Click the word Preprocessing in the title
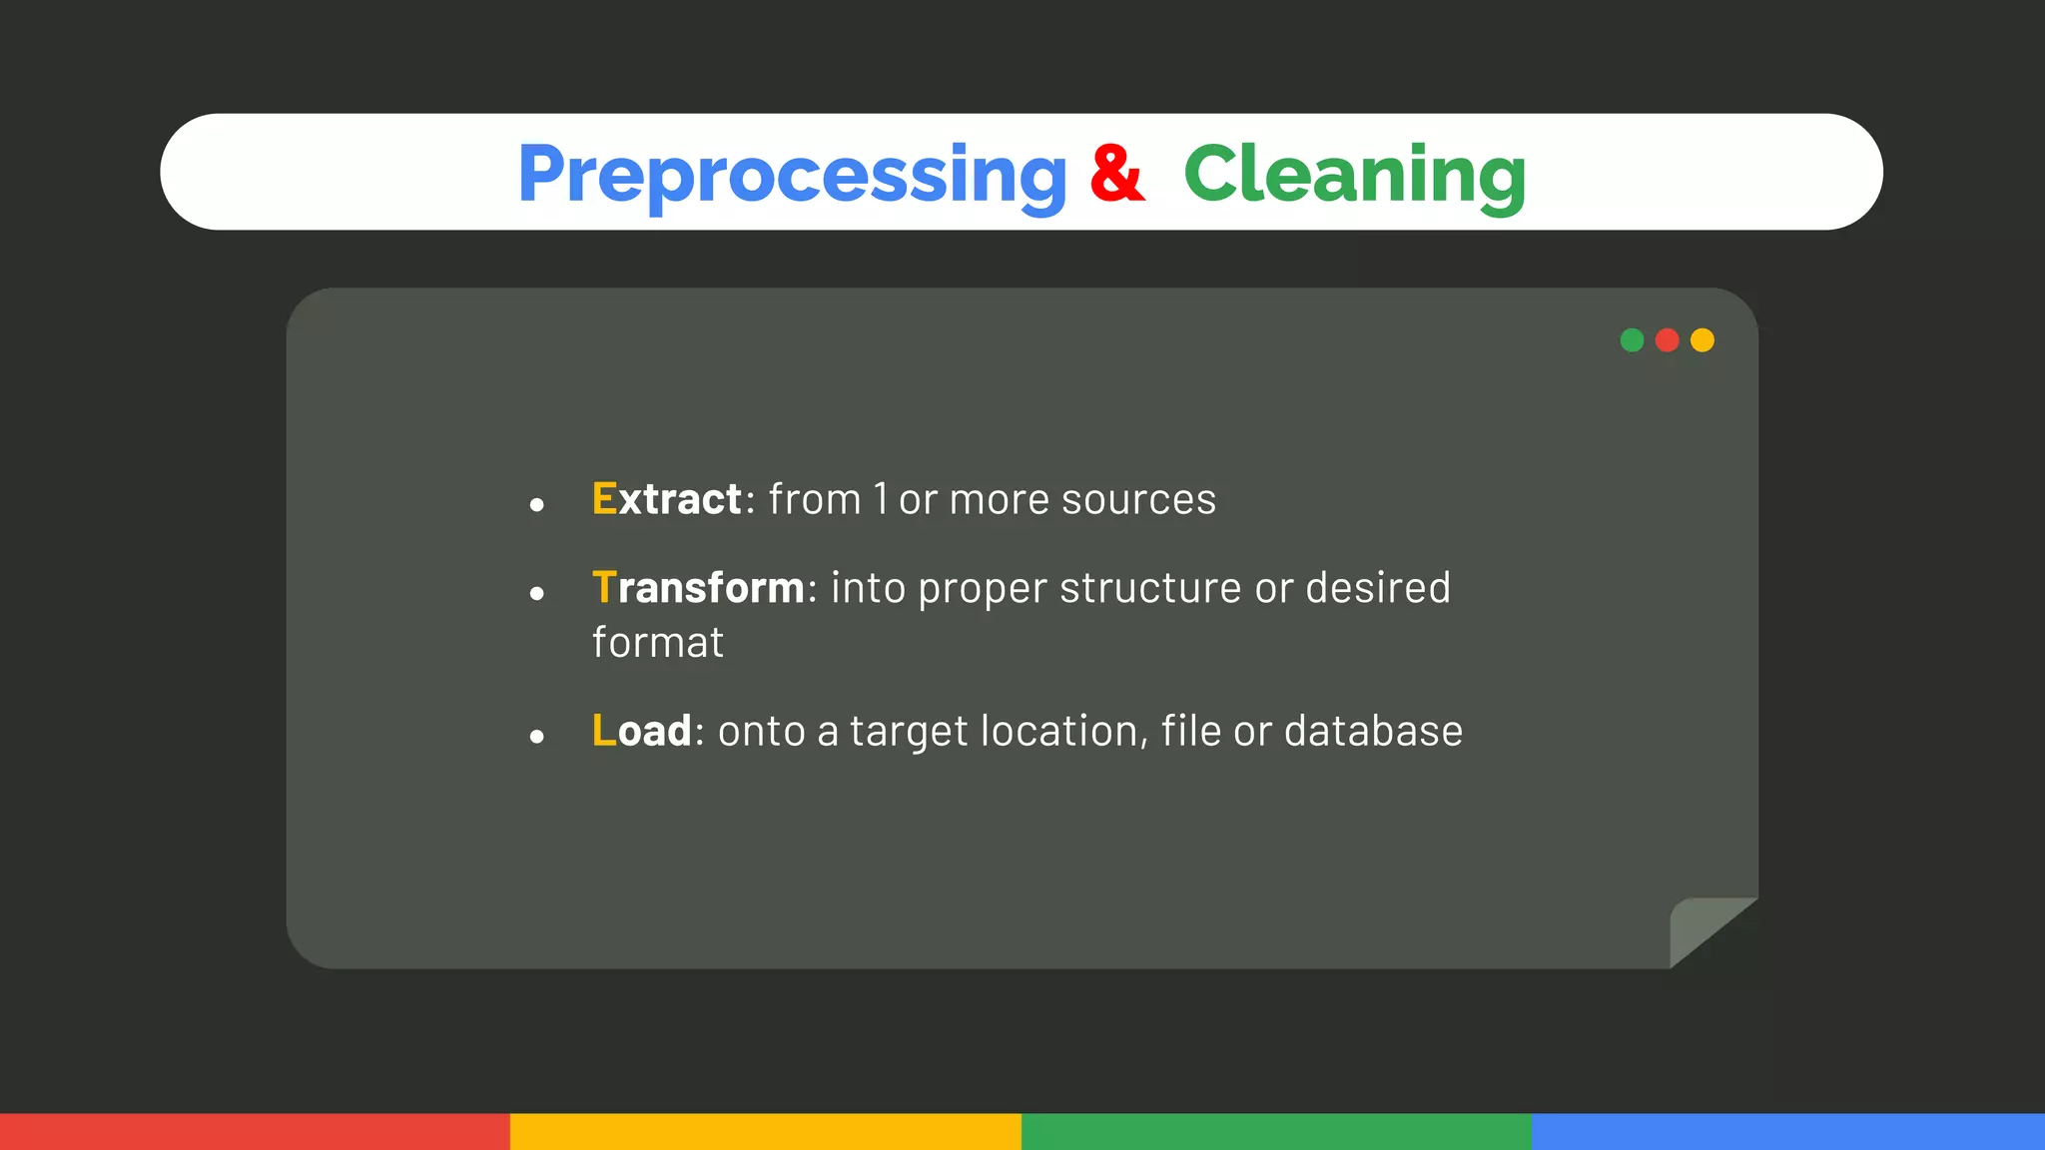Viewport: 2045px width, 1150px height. tap(792, 175)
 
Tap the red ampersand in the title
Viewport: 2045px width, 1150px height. tap(1116, 174)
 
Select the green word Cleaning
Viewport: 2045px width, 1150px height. tap(1354, 175)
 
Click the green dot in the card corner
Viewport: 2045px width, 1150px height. tap(1632, 340)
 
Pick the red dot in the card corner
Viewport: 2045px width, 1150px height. tap(1667, 340)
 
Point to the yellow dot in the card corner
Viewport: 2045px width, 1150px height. tap(1703, 340)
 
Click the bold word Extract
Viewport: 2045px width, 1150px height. tap(666, 499)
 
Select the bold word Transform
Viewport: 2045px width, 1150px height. tap(698, 588)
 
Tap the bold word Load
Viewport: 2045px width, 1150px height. tap(641, 731)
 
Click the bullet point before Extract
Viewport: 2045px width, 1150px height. tap(537, 505)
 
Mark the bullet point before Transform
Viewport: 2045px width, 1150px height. tap(537, 594)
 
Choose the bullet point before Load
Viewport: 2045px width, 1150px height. tap(537, 738)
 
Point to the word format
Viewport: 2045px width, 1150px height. tap(657, 643)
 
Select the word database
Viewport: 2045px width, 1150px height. tap(1373, 732)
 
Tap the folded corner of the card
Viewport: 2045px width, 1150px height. tap(1703, 928)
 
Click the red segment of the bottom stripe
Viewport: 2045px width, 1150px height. tap(255, 1132)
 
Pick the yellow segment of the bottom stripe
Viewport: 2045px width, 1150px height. tap(766, 1132)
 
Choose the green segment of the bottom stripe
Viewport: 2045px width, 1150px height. tap(1276, 1132)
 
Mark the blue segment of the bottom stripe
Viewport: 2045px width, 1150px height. tap(1787, 1132)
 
